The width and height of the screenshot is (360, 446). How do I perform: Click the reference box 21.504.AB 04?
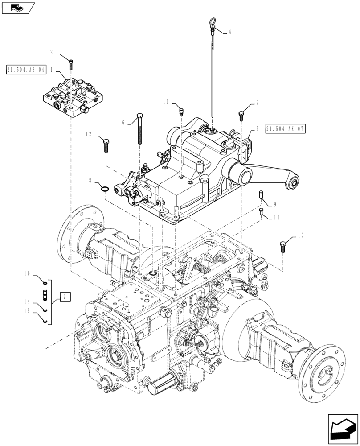(x=26, y=70)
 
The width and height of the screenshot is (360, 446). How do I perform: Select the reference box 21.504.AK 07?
(x=286, y=129)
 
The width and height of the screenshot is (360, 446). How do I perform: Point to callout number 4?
(x=229, y=32)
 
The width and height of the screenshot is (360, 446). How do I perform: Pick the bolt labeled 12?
(x=106, y=145)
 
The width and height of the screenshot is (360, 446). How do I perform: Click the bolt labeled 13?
(x=283, y=246)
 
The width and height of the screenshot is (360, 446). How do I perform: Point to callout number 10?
(x=276, y=217)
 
